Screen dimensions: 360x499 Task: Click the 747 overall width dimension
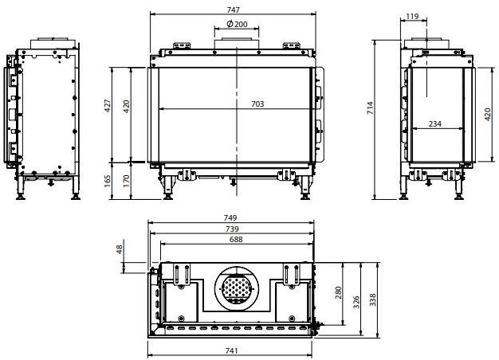click(x=232, y=9)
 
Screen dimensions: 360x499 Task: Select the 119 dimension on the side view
click(x=412, y=16)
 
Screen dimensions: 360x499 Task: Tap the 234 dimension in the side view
click(x=436, y=123)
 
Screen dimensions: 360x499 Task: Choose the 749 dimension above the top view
click(x=232, y=217)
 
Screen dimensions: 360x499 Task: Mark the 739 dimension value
click(x=232, y=229)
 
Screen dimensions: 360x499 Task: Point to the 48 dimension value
click(x=120, y=248)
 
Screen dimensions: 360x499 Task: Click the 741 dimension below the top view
click(x=232, y=350)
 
